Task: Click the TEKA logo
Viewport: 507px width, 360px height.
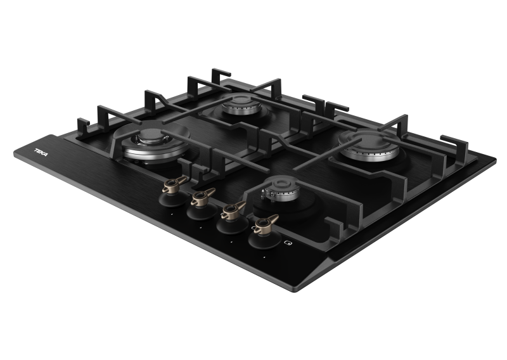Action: coord(41,152)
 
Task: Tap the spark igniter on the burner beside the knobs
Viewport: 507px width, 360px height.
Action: coord(264,194)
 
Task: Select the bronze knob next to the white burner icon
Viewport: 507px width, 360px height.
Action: coord(266,224)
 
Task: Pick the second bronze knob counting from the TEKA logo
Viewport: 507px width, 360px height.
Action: coord(202,196)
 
